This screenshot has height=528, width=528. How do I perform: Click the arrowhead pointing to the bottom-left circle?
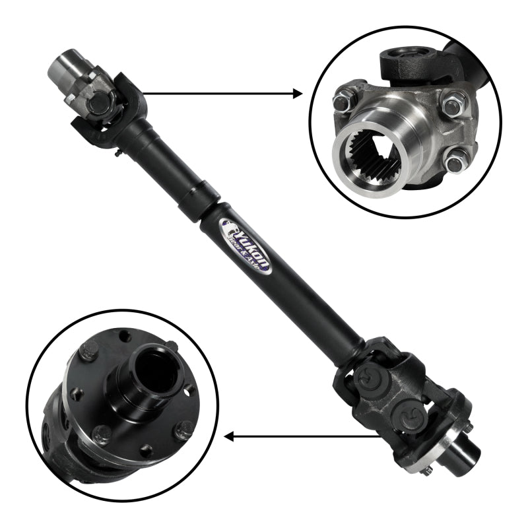coord(230,436)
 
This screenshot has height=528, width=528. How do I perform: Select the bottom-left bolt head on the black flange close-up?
coord(103,434)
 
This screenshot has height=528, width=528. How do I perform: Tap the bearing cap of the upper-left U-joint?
coord(97,103)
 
